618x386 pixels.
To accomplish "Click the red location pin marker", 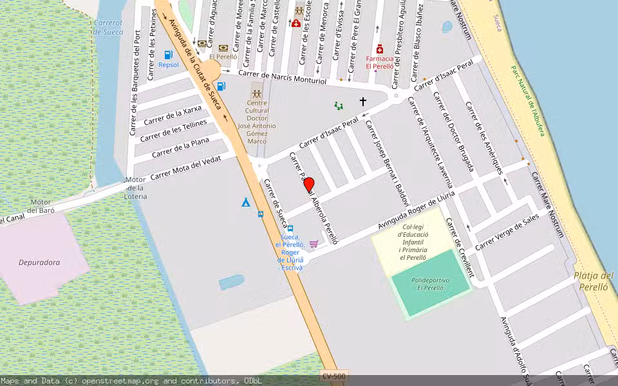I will [x=309, y=185].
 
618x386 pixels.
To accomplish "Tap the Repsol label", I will [x=169, y=65].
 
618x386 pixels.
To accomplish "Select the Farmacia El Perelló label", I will [x=379, y=62].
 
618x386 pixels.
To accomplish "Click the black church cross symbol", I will [x=363, y=101].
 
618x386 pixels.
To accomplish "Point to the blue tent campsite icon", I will [x=245, y=202].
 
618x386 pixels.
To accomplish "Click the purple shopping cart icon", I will [x=314, y=244].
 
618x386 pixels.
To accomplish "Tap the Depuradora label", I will [x=39, y=262].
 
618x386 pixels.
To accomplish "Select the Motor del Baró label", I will [x=41, y=206].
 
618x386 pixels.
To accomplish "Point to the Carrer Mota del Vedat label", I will [x=185, y=168].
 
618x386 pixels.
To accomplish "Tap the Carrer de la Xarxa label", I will [x=173, y=116].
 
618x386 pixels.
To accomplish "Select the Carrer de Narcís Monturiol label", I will [x=283, y=78].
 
